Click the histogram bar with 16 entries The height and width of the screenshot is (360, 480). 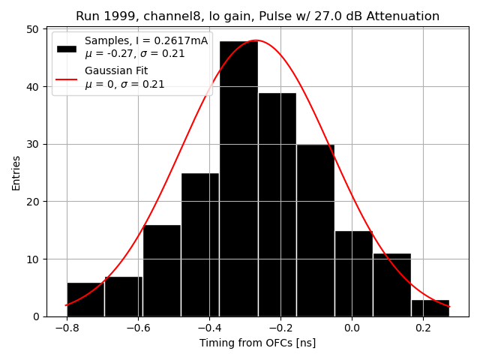pos(162,270)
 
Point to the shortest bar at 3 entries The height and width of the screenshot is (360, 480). pos(430,308)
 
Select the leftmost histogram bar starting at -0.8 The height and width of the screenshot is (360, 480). pos(85,299)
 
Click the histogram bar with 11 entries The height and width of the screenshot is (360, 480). pos(391,285)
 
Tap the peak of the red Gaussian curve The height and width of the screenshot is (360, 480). pos(256,40)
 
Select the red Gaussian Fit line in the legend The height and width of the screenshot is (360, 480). pos(67,78)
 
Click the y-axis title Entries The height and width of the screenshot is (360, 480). pos(16,173)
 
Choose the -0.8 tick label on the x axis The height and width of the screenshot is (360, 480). pos(67,328)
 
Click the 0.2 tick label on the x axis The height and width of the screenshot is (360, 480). pos(423,328)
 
